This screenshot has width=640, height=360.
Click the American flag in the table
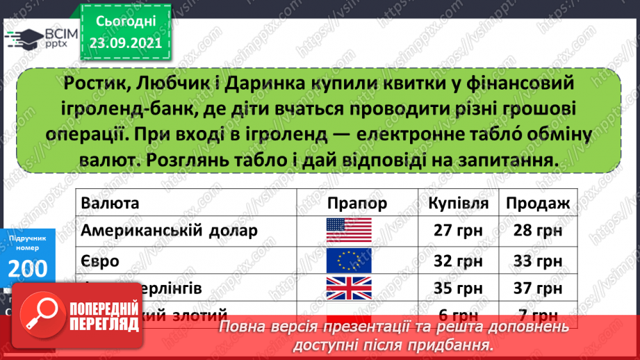(x=349, y=230)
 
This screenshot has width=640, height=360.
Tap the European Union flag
(x=349, y=261)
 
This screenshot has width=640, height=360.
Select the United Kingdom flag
(x=349, y=288)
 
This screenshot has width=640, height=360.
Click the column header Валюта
(x=109, y=203)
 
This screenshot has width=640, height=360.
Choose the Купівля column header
(x=458, y=203)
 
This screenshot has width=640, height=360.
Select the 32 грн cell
(x=458, y=261)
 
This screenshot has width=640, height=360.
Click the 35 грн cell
(x=458, y=288)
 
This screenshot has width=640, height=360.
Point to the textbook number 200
(x=28, y=267)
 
